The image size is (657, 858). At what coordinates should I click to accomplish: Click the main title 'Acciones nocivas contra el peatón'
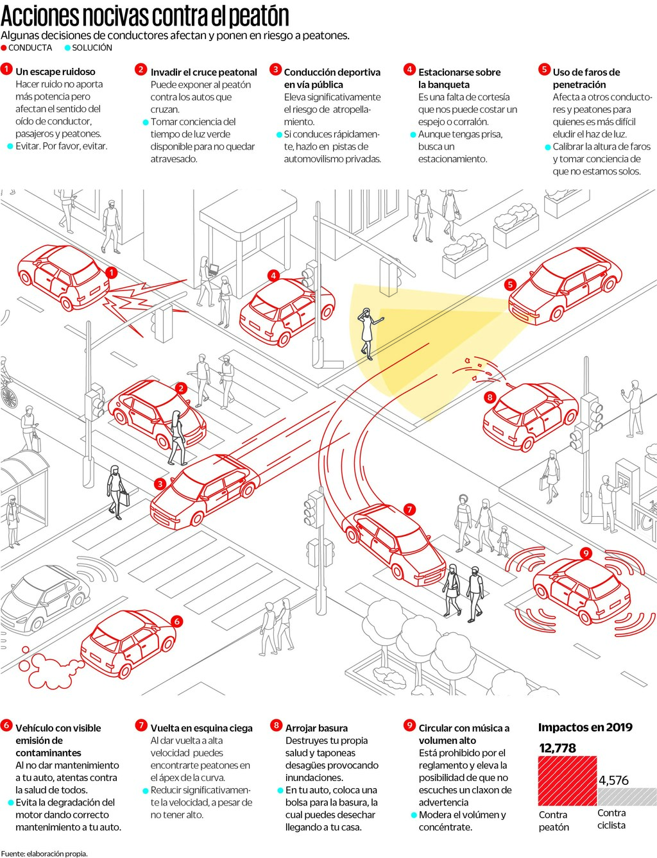145,15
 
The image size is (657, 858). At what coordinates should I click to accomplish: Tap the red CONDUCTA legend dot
4,48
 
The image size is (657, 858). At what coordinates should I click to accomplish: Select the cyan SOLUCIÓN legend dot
67,48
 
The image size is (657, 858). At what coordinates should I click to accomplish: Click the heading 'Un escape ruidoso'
55,72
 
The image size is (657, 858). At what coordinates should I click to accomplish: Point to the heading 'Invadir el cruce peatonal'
203,72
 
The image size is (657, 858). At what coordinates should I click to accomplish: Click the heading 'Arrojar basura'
316,728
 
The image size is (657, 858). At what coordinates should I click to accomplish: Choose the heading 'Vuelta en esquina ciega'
201,728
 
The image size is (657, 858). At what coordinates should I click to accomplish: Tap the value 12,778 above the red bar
558,748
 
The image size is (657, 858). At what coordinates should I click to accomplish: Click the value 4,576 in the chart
613,780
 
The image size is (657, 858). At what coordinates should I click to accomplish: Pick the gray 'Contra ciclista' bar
627,796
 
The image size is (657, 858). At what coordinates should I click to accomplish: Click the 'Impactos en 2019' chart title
585,727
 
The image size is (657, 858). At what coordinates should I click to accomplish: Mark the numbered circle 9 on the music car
585,553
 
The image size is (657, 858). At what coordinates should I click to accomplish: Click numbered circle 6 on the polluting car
176,621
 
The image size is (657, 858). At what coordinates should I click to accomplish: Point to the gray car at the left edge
42,596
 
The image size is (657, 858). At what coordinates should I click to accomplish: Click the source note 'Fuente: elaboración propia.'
44,854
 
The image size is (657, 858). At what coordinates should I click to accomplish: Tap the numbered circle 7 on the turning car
409,510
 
